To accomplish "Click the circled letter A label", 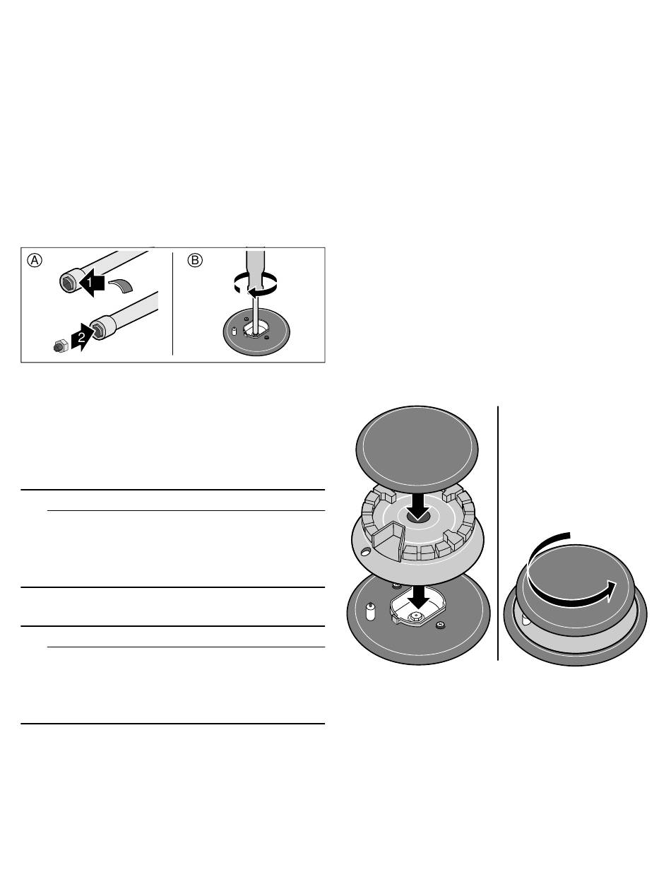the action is coord(35,260).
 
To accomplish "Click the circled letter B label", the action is coord(195,260).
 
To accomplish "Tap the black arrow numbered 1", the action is coord(92,283).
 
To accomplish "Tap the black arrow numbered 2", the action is coord(83,336).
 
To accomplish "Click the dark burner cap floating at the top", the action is coord(417,449).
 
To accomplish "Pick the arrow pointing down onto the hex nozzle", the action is coord(418,597).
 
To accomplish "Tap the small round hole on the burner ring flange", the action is coord(365,550).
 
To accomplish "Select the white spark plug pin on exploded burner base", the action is coord(370,611).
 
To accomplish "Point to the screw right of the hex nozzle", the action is coord(441,625).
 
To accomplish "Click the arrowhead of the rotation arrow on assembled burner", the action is coord(610,591).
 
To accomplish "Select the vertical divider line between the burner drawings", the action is coord(498,533).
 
